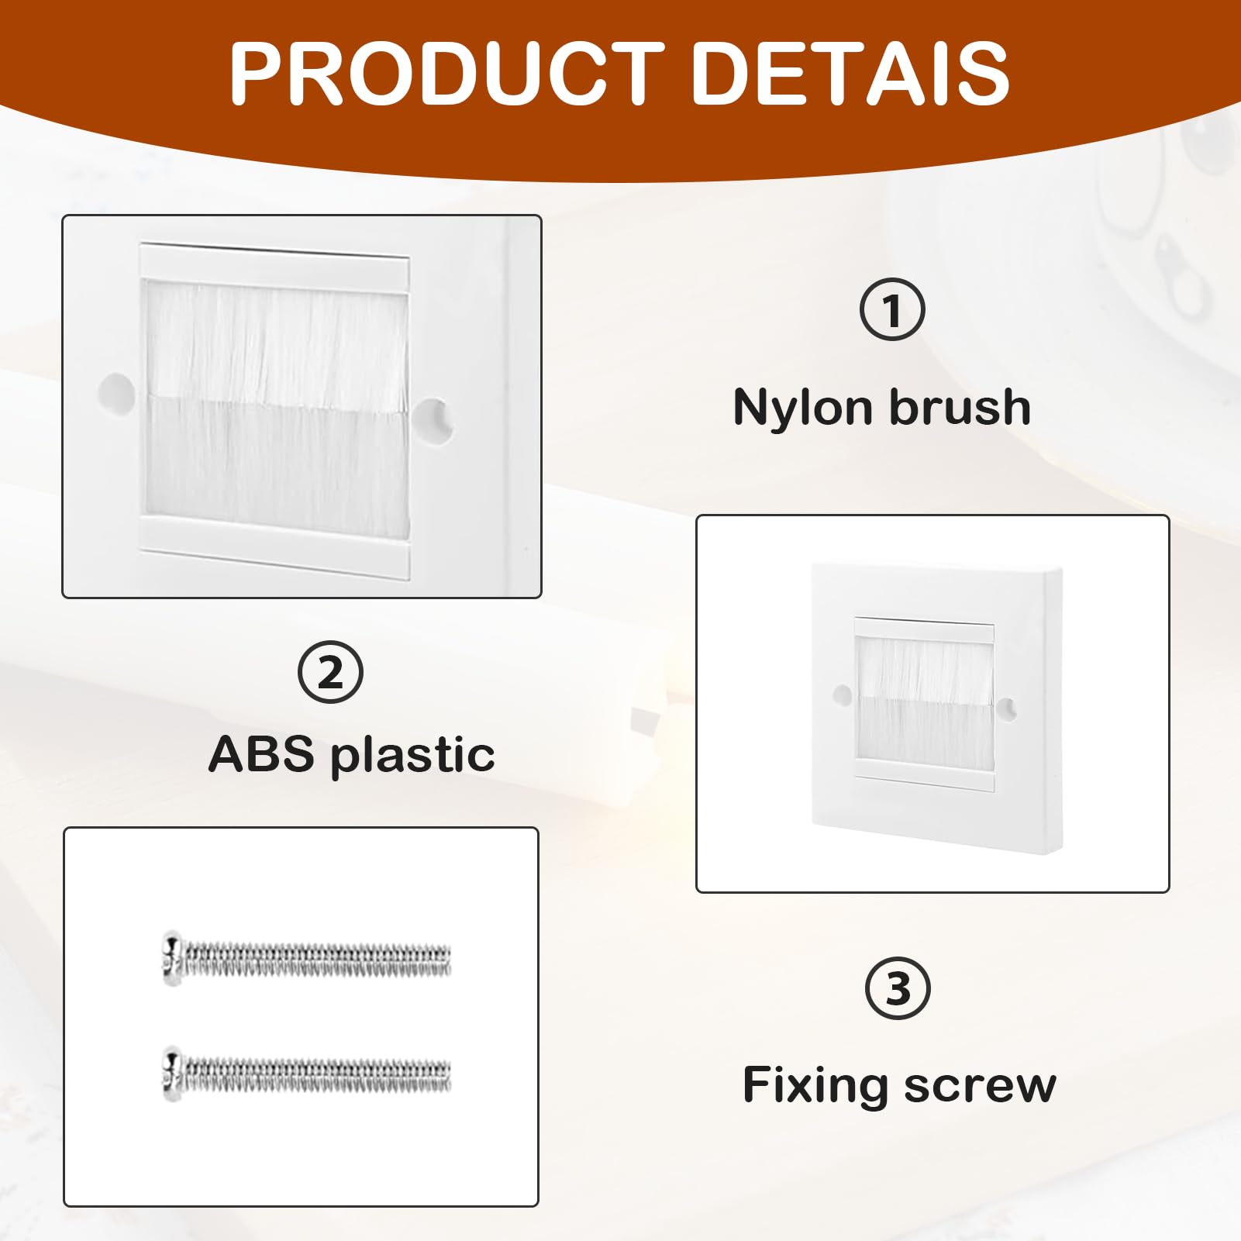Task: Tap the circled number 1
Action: point(892,309)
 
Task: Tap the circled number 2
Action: point(330,672)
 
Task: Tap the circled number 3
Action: point(898,988)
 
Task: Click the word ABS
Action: point(262,753)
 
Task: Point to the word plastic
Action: point(413,756)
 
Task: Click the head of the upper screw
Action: point(172,958)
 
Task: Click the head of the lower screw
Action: point(172,1074)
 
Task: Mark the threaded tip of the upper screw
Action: point(445,960)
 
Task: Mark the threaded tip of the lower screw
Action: point(445,1075)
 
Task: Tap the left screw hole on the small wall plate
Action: point(842,694)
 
